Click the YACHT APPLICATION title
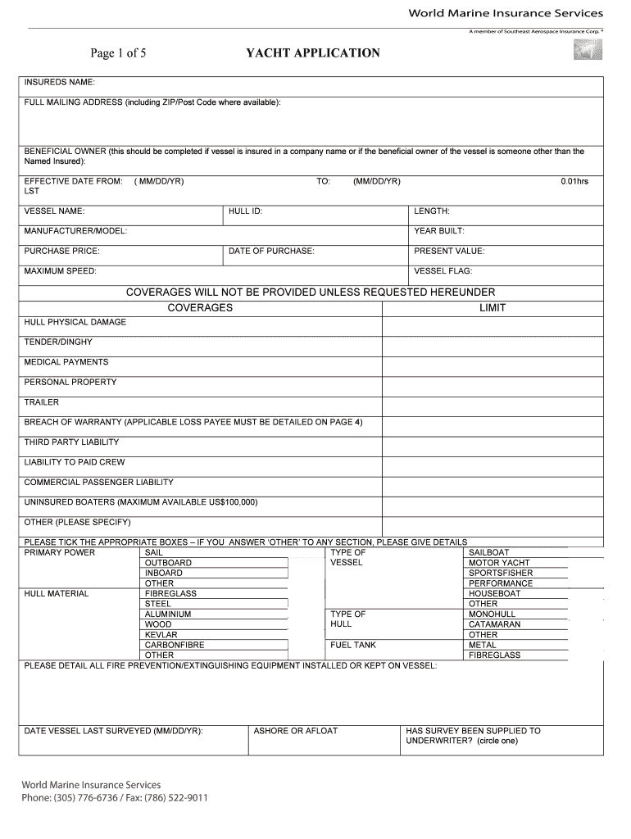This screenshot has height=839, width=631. point(312,53)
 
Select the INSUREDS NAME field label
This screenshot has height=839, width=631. point(60,83)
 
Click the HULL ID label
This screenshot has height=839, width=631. point(245,211)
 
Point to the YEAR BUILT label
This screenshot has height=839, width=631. point(439,231)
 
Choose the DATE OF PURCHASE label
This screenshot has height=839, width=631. point(271,252)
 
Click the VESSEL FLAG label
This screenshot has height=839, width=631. point(443,271)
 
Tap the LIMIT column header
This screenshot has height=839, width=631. point(493,308)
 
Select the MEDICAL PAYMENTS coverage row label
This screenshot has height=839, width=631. point(66,362)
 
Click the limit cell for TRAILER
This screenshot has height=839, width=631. point(493,403)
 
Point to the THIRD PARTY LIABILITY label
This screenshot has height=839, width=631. point(71,442)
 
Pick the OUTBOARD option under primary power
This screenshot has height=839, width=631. point(168,563)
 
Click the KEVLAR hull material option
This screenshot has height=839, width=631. point(161,635)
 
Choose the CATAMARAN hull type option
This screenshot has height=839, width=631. point(494,624)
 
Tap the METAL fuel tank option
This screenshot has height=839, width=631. point(482,645)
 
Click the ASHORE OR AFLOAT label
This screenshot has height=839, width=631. point(295,731)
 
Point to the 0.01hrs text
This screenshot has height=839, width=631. point(574,181)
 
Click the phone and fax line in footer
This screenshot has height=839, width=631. point(114,798)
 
